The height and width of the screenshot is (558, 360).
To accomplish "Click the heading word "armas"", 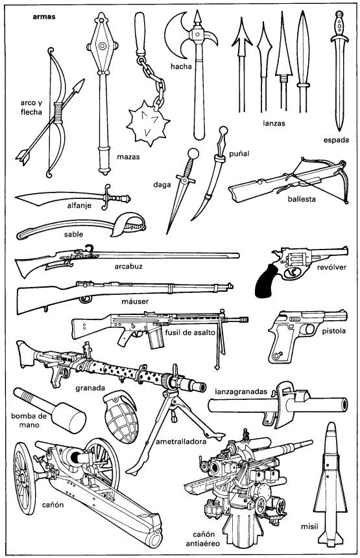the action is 44,16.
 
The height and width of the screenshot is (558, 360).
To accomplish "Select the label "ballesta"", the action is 302,199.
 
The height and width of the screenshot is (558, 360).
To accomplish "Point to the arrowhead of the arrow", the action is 78,86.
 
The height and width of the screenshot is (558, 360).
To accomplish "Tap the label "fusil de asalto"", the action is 190,332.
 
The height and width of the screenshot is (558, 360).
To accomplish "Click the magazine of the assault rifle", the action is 156,339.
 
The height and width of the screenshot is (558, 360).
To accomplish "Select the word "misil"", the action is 309,526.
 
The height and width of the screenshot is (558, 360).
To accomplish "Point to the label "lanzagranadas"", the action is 241,391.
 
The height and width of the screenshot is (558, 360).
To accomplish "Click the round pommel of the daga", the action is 193,154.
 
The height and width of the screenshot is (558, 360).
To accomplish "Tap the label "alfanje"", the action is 79,205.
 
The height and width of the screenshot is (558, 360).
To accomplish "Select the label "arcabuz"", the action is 128,266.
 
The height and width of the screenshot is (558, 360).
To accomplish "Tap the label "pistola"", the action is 333,331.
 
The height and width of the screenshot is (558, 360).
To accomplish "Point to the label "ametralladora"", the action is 181,441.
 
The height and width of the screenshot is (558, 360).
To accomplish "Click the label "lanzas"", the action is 274,123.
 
